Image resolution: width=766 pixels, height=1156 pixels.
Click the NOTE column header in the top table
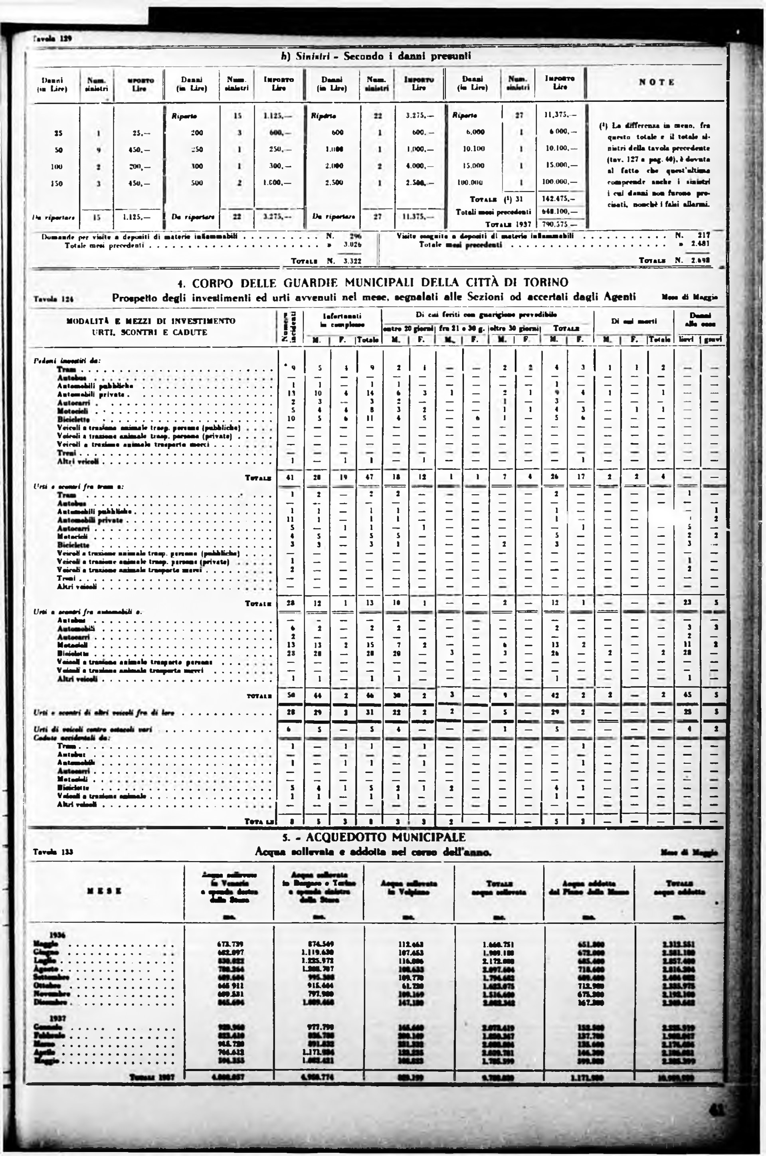657,82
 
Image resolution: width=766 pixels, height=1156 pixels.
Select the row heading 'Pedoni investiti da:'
66,360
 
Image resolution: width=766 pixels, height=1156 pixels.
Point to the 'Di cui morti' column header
633,321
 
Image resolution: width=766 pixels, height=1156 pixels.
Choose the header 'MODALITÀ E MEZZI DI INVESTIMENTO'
150,321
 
